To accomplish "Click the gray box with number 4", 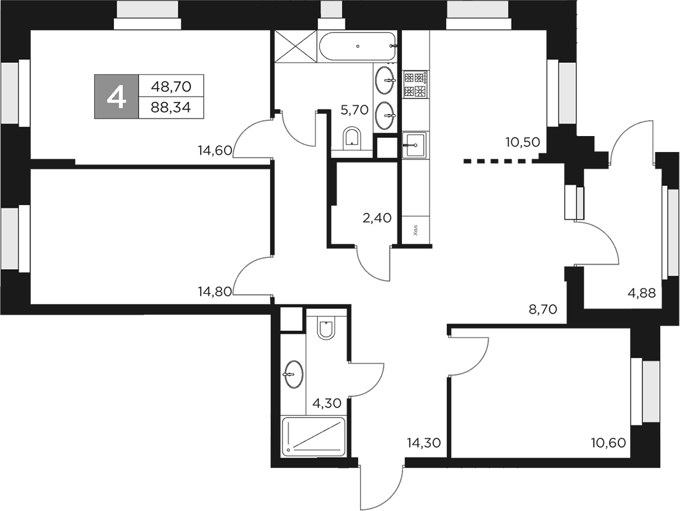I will point(116,97).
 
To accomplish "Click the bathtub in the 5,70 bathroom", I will point(357,46).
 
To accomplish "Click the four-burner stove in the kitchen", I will point(415,84).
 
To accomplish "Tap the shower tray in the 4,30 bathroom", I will point(313,437).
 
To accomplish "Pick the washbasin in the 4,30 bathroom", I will point(292,372).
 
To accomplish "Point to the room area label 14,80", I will point(214,292).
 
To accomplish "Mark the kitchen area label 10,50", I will point(522,142).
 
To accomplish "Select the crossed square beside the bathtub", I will point(294,46).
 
